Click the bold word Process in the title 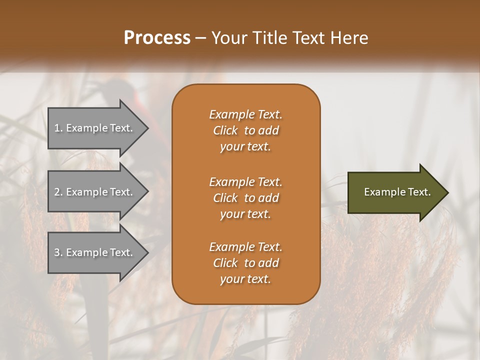pyautogui.click(x=157, y=38)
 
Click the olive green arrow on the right pyautogui.click(x=395, y=192)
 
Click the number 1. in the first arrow pyautogui.click(x=58, y=128)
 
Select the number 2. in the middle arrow pyautogui.click(x=58, y=192)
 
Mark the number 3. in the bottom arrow pyautogui.click(x=58, y=252)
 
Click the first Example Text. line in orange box pyautogui.click(x=245, y=114)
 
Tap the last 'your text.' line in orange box pyautogui.click(x=245, y=279)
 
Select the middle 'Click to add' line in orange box pyautogui.click(x=245, y=198)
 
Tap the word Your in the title pyautogui.click(x=227, y=38)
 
